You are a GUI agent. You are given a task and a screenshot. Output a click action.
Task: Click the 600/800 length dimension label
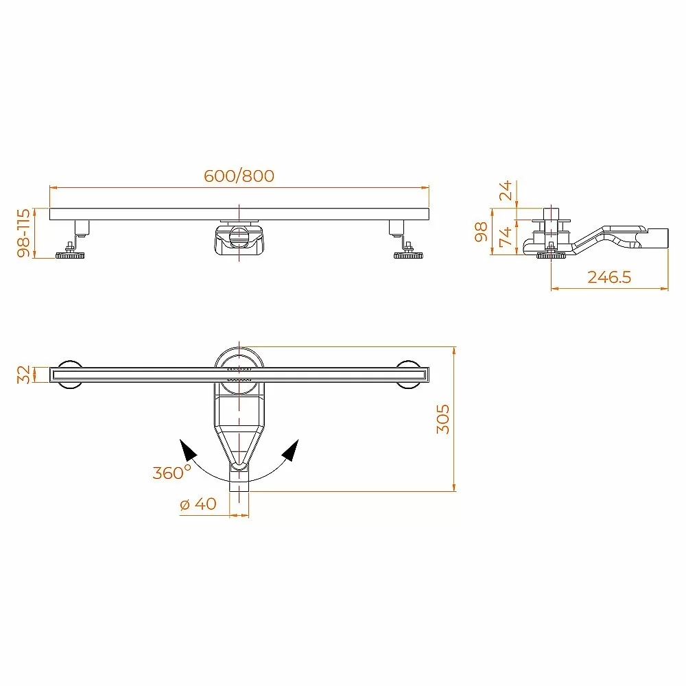239,176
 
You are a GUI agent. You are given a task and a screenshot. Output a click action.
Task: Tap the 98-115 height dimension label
23,233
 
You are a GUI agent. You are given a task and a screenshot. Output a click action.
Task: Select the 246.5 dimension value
609,277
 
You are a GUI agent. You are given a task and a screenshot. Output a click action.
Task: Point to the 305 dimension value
442,418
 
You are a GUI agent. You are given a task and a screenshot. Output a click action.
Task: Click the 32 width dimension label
23,375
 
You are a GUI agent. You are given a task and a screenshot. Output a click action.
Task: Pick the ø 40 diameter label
198,504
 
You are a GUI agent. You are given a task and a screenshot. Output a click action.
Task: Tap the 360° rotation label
172,472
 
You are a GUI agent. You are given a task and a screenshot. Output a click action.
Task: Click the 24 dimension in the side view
506,190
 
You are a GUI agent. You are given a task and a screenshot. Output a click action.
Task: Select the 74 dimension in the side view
506,237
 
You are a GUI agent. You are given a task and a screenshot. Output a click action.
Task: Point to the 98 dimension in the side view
481,231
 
